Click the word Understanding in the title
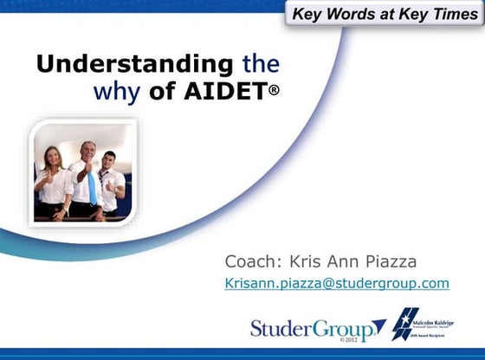click(134, 64)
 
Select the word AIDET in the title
click(223, 92)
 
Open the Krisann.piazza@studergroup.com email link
click(337, 283)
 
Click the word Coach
click(252, 260)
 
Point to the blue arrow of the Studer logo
click(378, 328)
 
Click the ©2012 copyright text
click(326, 342)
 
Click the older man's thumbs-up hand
click(84, 167)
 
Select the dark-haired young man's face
click(108, 162)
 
